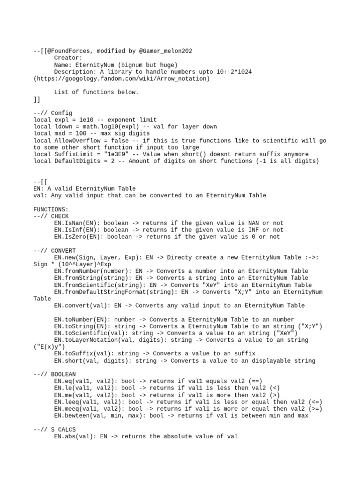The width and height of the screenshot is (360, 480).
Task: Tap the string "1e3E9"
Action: click(109, 154)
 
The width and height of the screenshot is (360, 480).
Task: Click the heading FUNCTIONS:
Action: click(51, 209)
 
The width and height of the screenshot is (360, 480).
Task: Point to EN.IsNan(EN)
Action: click(76, 223)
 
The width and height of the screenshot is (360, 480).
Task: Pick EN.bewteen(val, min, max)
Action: click(100, 415)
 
